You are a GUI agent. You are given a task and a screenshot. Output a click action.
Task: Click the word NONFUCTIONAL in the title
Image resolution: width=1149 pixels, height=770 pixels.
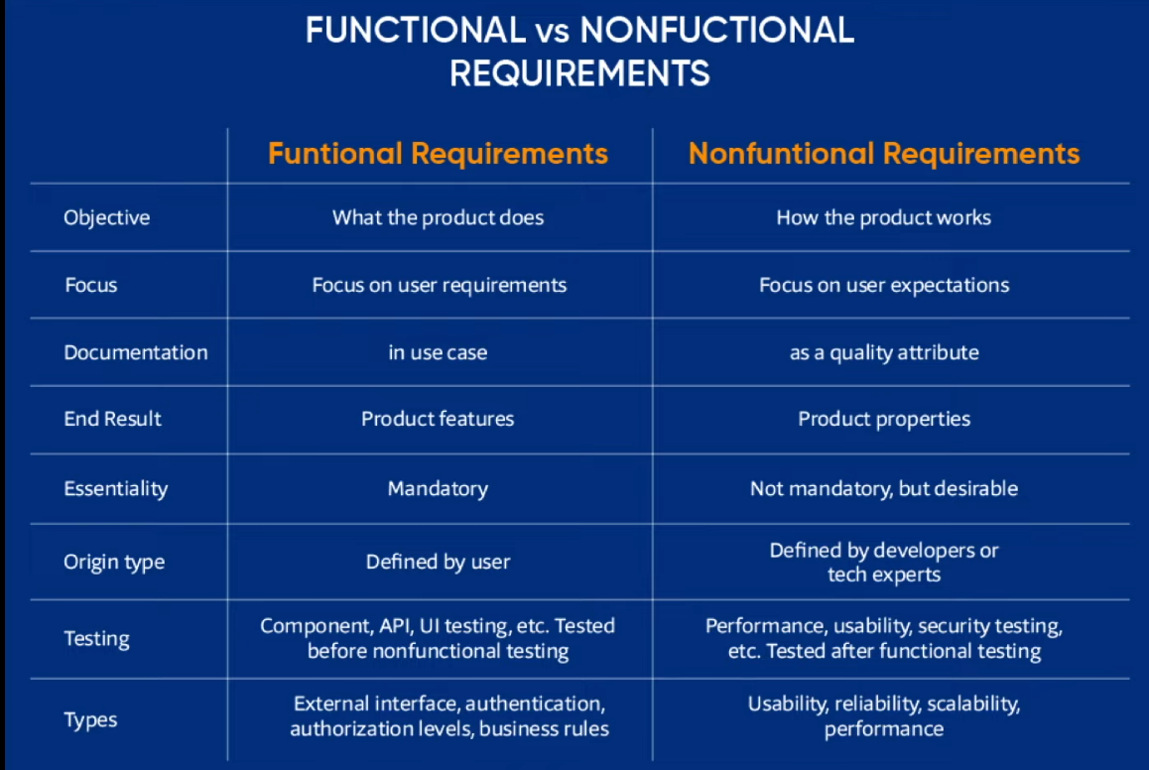click(x=716, y=31)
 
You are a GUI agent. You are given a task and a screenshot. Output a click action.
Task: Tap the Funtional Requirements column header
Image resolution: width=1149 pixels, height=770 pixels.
click(x=439, y=154)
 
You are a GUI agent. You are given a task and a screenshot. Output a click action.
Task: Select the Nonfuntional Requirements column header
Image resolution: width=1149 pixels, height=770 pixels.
click(x=884, y=154)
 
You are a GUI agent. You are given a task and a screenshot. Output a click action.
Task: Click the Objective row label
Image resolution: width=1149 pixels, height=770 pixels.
click(x=107, y=217)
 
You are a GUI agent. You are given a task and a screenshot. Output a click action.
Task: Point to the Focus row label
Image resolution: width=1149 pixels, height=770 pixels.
click(x=91, y=285)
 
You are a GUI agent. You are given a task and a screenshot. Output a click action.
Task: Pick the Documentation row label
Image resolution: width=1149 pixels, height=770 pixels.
click(x=136, y=352)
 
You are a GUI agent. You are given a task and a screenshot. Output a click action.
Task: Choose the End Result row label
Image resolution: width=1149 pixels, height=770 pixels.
click(x=112, y=419)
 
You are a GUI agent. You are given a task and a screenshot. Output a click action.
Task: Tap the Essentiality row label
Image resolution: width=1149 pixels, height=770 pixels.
click(x=116, y=488)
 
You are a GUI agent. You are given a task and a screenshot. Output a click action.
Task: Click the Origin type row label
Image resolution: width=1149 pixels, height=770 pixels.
click(x=114, y=563)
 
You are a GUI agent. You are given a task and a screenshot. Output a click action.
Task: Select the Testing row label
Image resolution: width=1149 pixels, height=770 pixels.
click(x=96, y=639)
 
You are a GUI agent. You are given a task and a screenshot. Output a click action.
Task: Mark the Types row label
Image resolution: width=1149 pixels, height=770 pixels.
click(x=90, y=720)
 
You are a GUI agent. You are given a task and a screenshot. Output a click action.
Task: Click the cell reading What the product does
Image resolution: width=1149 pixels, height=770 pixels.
click(x=439, y=217)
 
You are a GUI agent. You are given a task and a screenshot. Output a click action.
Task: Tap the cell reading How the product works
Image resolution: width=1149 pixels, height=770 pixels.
click(x=884, y=217)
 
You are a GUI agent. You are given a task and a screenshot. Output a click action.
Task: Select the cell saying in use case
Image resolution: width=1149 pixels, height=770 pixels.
click(x=439, y=352)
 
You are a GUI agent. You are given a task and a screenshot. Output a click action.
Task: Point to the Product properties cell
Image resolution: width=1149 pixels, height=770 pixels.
click(x=884, y=419)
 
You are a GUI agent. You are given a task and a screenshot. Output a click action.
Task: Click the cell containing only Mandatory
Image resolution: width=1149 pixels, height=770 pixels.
click(x=439, y=488)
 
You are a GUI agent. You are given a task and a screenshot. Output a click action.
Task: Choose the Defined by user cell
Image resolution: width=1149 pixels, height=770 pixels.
click(x=439, y=562)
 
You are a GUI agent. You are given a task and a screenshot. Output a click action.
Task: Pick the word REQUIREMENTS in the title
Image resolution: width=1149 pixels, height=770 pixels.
click(x=579, y=74)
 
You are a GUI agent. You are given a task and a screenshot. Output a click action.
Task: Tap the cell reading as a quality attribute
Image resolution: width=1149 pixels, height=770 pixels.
click(x=884, y=353)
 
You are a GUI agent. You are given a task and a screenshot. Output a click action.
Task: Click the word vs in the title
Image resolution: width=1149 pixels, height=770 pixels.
click(x=553, y=33)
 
